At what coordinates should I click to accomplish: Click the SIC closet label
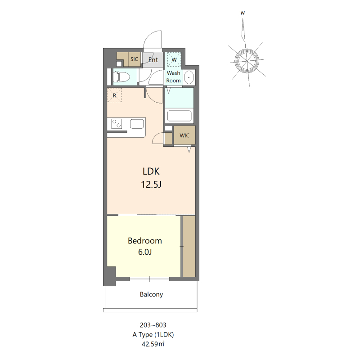pos(134,59)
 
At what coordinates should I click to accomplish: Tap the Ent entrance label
pos(153,60)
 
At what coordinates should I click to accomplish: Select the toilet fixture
pos(121,76)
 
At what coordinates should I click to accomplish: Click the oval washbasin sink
pos(189,77)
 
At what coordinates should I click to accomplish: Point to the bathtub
pos(179,116)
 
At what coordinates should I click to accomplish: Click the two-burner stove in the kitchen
pos(117,123)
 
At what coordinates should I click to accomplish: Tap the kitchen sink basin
pos(137,124)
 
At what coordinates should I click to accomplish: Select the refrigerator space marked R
pos(114,95)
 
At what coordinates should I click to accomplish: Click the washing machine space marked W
pos(174,60)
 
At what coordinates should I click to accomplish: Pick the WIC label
pos(184,135)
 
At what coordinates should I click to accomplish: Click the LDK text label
pos(151,171)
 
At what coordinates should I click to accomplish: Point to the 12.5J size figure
pos(151,184)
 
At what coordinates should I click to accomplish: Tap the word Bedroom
pos(145,241)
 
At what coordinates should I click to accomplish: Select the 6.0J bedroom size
pos(145,252)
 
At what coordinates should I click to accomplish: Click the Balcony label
pos(151,294)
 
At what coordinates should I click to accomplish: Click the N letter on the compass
pos(243,13)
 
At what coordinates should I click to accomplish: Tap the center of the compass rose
pos(247,61)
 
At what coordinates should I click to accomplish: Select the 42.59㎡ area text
pos(153,344)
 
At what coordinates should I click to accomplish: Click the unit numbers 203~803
pos(153,325)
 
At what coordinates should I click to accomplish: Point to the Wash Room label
pos(173,76)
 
